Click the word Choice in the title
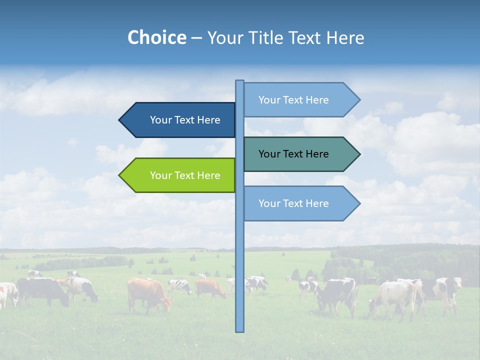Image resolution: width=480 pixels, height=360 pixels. point(156,37)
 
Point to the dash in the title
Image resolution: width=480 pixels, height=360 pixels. point(196,38)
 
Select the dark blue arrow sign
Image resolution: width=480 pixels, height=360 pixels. point(180,120)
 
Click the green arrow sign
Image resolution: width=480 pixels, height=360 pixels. point(180,175)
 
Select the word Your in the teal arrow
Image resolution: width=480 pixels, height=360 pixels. point(269,154)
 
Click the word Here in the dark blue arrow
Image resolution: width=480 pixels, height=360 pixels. point(208,120)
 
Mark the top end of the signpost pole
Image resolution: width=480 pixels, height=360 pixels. point(239,81)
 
